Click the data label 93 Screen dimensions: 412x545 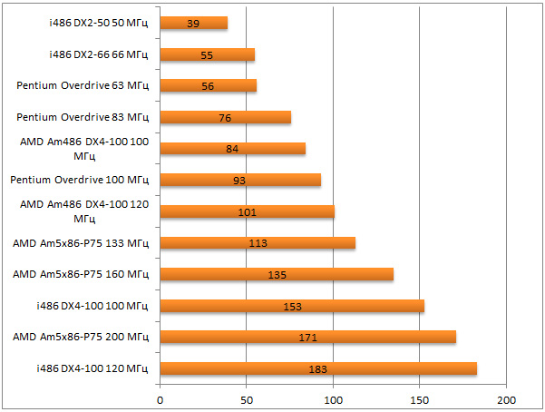239,181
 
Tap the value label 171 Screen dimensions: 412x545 307,338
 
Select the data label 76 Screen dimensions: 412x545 226,118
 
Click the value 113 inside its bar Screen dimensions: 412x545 258,243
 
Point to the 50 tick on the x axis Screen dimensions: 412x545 247,399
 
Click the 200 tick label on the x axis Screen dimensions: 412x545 506,399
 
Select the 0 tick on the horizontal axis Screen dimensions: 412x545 161,399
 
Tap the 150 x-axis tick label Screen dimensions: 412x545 419,399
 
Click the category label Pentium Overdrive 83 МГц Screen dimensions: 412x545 83,117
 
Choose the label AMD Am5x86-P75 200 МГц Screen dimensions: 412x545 81,337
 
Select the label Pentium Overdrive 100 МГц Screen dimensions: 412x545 80,180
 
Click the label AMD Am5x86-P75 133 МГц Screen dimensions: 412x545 81,242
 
